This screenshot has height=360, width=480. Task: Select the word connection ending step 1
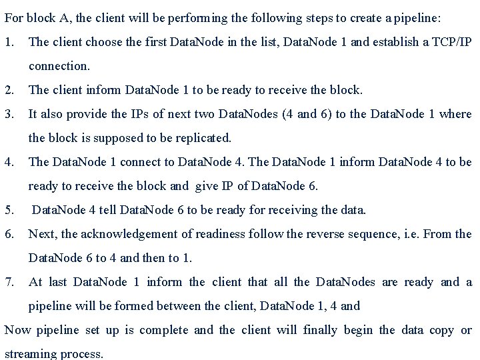(58, 66)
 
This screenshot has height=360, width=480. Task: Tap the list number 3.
(9, 114)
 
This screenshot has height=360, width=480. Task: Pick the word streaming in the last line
(28, 354)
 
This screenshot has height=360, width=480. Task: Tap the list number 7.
(9, 282)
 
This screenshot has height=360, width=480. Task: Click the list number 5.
(9, 210)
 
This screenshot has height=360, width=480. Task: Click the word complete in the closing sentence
(167, 330)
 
